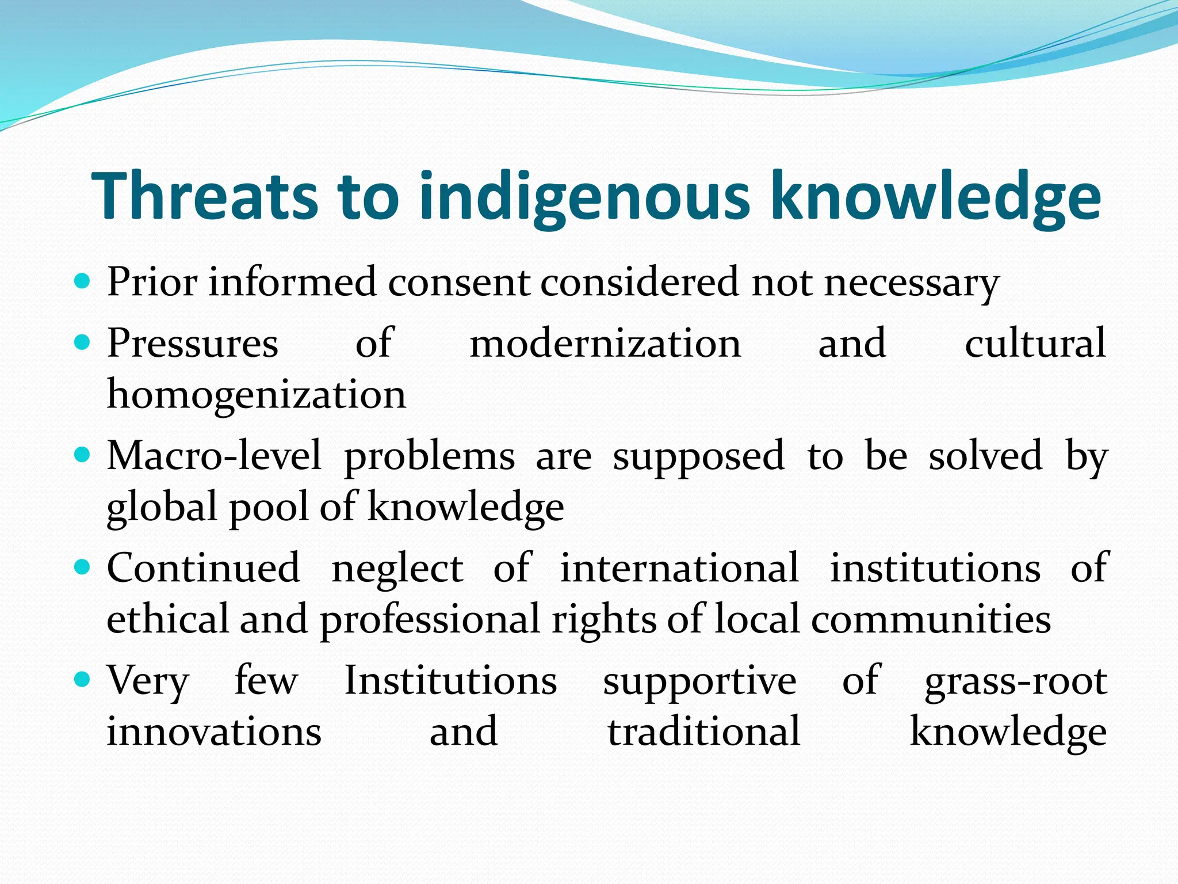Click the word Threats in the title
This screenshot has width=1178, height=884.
(x=204, y=196)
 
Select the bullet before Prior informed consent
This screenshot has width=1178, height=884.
(x=83, y=281)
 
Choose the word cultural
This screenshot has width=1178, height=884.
(x=1035, y=344)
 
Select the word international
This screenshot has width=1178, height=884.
(x=679, y=568)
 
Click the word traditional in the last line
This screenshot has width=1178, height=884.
(x=704, y=732)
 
